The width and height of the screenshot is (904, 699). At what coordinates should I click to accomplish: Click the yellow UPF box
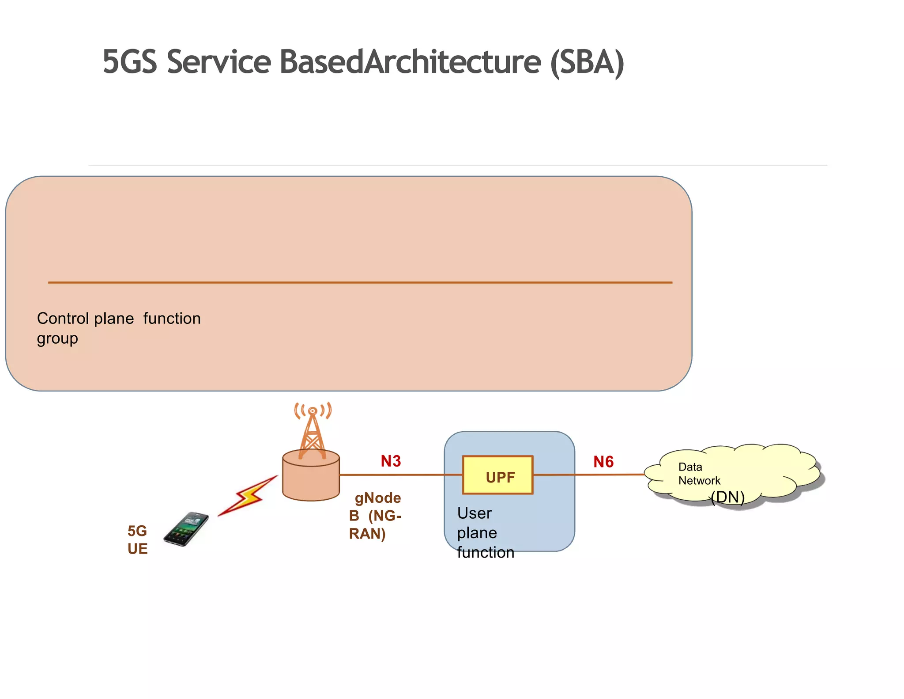[497, 475]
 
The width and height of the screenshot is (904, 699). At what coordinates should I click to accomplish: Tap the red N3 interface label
[391, 461]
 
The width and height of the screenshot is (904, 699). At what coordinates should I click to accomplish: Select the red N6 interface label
[603, 462]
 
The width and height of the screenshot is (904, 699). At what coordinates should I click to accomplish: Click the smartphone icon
[186, 529]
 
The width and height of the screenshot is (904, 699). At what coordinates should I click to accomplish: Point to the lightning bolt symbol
[248, 496]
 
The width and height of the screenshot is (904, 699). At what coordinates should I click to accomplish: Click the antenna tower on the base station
[313, 431]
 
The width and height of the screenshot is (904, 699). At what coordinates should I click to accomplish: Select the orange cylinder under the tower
[311, 479]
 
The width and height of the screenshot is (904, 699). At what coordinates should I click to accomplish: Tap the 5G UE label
[137, 539]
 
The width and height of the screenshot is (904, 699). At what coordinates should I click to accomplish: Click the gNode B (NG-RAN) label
[375, 516]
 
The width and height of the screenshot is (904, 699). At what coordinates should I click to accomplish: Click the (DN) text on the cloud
[727, 498]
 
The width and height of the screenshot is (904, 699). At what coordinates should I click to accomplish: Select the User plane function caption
[485, 533]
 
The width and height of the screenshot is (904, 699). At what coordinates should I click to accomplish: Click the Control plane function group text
[118, 328]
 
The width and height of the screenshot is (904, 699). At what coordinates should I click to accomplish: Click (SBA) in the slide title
[587, 62]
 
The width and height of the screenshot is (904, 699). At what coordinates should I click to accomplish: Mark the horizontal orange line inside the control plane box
[360, 282]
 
